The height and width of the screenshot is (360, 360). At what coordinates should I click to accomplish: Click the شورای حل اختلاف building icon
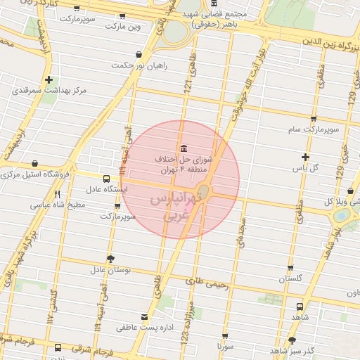click(x=184, y=148)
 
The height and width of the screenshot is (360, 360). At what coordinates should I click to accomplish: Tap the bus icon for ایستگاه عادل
click(x=106, y=179)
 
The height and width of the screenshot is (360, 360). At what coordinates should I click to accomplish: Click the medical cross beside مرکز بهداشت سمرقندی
click(x=49, y=80)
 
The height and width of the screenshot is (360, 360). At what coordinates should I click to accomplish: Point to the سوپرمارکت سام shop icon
click(x=314, y=119)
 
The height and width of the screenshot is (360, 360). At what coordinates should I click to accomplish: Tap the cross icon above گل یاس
click(x=304, y=157)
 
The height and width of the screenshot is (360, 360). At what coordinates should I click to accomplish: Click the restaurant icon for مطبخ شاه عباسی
click(x=58, y=194)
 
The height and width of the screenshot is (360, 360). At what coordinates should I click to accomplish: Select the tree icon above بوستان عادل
click(x=110, y=258)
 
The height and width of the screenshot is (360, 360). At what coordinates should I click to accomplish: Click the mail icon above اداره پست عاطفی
click(x=145, y=316)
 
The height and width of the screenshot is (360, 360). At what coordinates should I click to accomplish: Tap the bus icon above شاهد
click(x=300, y=307)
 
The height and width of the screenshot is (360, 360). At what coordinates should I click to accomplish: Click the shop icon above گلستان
click(x=291, y=268)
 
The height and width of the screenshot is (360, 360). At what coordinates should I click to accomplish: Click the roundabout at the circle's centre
click(x=203, y=191)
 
